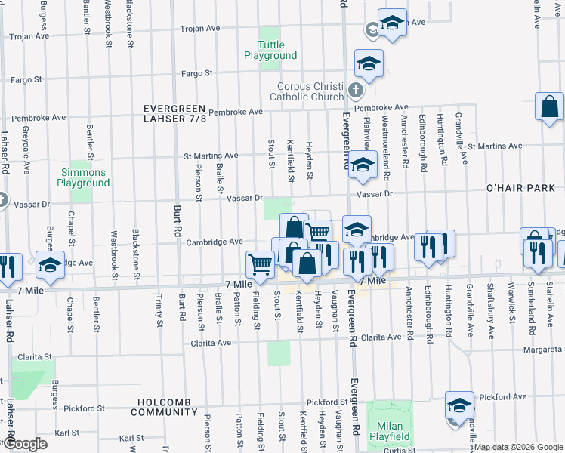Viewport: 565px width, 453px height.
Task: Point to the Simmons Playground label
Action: click(x=83, y=178)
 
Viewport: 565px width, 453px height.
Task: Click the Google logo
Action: click(x=24, y=444)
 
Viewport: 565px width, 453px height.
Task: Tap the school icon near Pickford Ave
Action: click(x=458, y=405)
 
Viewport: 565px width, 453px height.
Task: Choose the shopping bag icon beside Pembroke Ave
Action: click(x=550, y=107)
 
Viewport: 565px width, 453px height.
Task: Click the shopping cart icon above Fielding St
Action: click(x=260, y=263)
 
